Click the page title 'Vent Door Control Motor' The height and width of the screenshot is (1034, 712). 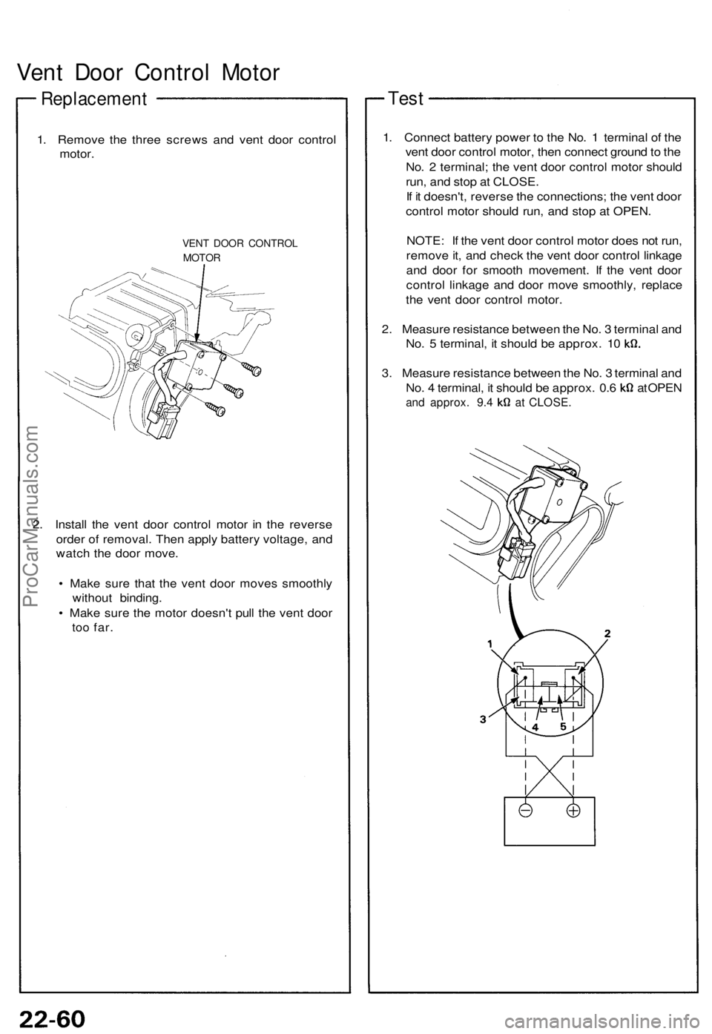tap(148, 73)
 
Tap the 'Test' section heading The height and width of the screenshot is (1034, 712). tap(406, 98)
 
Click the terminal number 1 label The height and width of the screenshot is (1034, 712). tap(491, 645)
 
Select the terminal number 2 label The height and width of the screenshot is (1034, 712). tap(607, 633)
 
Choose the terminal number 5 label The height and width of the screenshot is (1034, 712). tap(564, 728)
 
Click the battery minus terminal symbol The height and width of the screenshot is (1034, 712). tap(524, 811)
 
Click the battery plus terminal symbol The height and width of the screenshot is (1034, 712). tap(573, 811)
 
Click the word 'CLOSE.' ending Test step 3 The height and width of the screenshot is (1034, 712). tap(550, 403)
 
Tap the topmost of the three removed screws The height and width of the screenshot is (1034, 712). tap(257, 368)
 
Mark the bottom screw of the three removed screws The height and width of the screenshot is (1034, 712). tap(215, 406)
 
